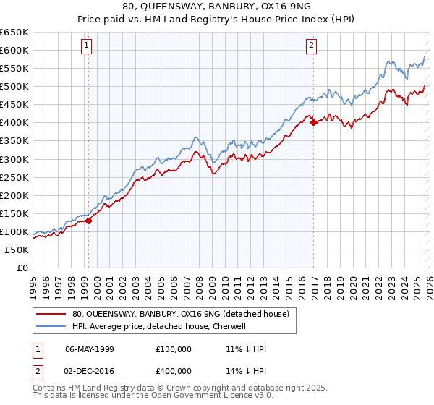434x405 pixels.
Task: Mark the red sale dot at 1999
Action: [x=88, y=221]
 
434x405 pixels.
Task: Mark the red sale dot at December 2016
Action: [x=313, y=123]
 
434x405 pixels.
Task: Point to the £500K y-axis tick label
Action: [x=14, y=87]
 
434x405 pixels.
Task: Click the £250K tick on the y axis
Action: [x=14, y=177]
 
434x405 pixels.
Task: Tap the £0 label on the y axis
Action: [x=22, y=268]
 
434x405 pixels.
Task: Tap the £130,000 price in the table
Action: [x=173, y=349]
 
